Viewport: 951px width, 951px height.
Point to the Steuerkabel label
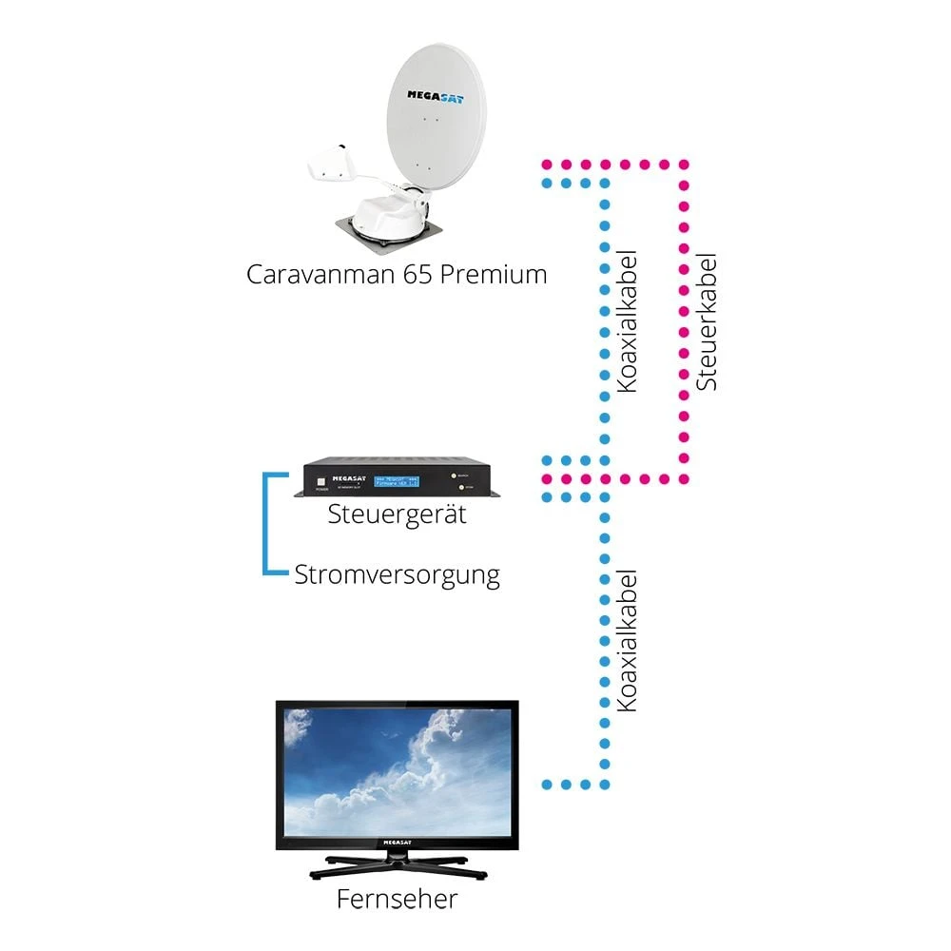pyautogui.click(x=707, y=322)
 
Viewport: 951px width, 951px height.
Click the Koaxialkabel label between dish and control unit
pyautogui.click(x=627, y=322)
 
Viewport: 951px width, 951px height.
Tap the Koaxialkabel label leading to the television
pyautogui.click(x=627, y=641)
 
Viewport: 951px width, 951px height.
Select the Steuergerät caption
pyautogui.click(x=397, y=515)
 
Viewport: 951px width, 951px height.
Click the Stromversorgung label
pyautogui.click(x=397, y=574)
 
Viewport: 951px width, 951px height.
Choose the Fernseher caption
pyautogui.click(x=397, y=899)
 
